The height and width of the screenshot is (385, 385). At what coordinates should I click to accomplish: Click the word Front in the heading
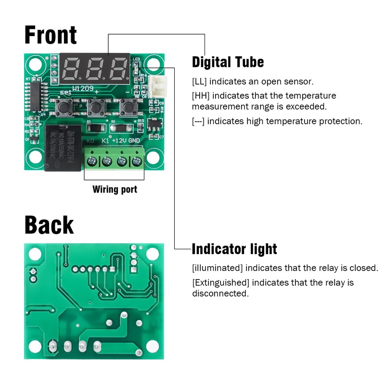pyautogui.click(x=51, y=35)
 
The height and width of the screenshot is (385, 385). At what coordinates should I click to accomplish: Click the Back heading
pyautogui.click(x=49, y=225)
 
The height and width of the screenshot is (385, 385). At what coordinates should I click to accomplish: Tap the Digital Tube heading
pyautogui.click(x=228, y=62)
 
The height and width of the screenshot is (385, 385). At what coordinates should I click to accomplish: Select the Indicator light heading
pyautogui.click(x=234, y=249)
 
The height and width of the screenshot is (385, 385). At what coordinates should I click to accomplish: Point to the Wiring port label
pyautogui.click(x=115, y=189)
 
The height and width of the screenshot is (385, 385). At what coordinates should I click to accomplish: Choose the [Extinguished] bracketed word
pyautogui.click(x=220, y=282)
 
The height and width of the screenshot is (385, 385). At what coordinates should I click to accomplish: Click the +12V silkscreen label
pyautogui.click(x=119, y=141)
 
